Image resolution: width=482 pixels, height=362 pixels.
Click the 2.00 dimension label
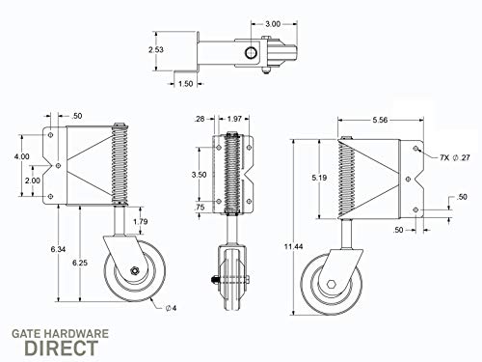32,181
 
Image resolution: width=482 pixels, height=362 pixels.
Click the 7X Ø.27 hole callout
451,155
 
